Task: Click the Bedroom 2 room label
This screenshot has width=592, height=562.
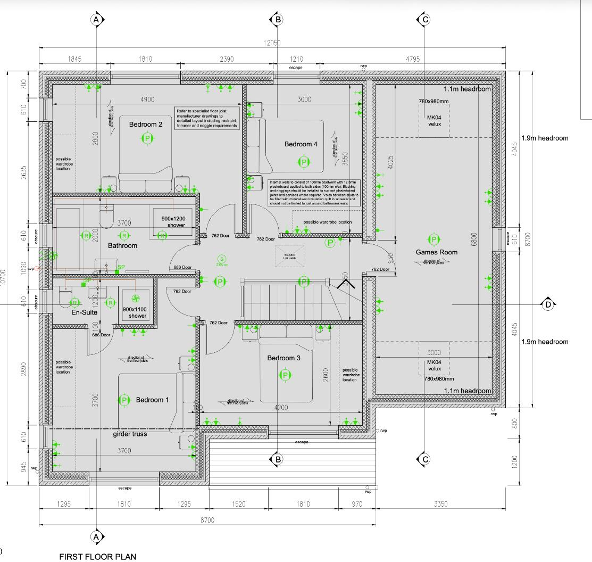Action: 146,124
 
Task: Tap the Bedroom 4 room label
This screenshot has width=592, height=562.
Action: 301,144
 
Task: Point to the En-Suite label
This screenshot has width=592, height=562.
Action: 85,312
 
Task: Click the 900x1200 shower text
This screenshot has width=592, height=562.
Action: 170,221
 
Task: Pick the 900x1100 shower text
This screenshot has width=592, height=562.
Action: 134,312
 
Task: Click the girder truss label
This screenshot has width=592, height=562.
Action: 130,434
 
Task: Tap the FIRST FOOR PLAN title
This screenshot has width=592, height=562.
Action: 97,557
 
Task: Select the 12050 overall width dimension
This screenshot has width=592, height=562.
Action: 272,43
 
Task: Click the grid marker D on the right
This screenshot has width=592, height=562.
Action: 548,304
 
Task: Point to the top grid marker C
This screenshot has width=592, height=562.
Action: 424,20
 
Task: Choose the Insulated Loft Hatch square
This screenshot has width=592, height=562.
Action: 289,255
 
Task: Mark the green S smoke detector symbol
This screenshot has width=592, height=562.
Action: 222,259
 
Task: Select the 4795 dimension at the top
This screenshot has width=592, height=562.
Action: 413,59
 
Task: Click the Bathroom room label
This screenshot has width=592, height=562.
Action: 122,245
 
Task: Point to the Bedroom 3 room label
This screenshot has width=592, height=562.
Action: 284,358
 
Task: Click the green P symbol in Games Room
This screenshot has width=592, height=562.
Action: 434,239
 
